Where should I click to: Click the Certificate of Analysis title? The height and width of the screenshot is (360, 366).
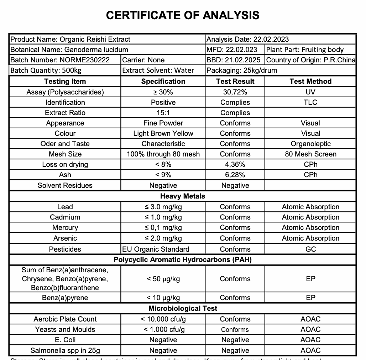(183, 15)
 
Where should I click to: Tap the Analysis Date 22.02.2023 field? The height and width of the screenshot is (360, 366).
(248, 39)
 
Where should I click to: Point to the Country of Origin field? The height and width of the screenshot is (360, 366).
(311, 60)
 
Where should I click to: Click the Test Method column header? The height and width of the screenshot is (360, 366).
(310, 81)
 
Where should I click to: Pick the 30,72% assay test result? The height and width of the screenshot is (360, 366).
(235, 92)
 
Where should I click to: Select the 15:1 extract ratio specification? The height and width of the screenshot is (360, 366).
(163, 113)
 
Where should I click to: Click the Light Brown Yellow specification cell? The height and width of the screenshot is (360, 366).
(163, 133)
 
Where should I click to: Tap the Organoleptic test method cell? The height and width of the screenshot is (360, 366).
(310, 144)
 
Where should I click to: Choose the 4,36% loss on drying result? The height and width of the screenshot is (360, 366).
(235, 164)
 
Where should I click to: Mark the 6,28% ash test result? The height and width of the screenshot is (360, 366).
(235, 175)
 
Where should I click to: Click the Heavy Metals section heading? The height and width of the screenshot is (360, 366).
(183, 196)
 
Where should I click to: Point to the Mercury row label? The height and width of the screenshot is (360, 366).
(65, 227)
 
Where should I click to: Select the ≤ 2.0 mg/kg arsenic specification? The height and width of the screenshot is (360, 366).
(163, 238)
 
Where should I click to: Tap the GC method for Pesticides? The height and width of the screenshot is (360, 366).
(310, 249)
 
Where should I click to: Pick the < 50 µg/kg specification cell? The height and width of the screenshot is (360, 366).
(163, 279)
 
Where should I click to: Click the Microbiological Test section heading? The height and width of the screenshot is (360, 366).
(183, 308)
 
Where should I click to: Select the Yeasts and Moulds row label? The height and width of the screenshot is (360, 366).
(65, 329)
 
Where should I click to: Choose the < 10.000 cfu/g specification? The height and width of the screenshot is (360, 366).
(163, 319)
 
